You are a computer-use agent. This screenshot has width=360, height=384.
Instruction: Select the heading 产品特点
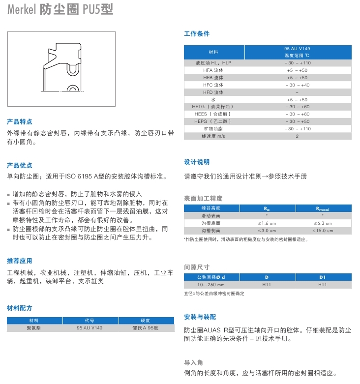pos(20,121)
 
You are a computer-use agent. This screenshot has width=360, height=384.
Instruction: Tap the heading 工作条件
pos(197,34)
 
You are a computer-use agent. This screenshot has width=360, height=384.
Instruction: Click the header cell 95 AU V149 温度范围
pos(297,52)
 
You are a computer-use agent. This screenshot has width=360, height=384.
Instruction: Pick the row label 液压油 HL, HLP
pos(213,63)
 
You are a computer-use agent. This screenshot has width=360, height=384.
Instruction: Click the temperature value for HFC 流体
pos(297,85)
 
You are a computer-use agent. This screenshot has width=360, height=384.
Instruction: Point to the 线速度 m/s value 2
pos(297,136)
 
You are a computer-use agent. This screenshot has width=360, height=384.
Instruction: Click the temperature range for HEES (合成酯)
pos(297,114)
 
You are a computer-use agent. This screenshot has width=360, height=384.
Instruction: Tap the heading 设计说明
pos(197,162)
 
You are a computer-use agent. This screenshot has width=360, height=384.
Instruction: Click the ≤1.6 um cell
pos(267,223)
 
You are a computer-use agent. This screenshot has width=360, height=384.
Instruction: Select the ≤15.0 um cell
pos(323,231)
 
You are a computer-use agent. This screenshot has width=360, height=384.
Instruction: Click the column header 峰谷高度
pos(211,208)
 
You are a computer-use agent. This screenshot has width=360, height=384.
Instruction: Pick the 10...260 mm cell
pos(211,285)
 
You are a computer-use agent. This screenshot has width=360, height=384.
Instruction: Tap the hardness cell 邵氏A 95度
pos(147,327)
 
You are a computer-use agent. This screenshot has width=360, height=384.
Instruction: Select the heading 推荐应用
pos(20,261)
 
